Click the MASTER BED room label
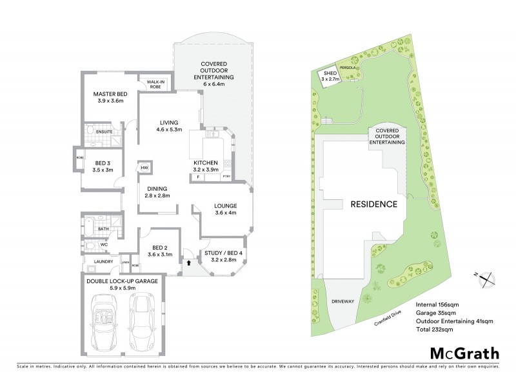[110, 94]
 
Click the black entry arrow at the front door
[188, 263]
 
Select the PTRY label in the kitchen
[226, 176]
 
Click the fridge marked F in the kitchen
[199, 176]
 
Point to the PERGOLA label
[349, 66]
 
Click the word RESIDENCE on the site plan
[373, 204]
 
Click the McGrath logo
[464, 353]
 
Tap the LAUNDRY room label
[104, 261]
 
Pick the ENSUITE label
[104, 132]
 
